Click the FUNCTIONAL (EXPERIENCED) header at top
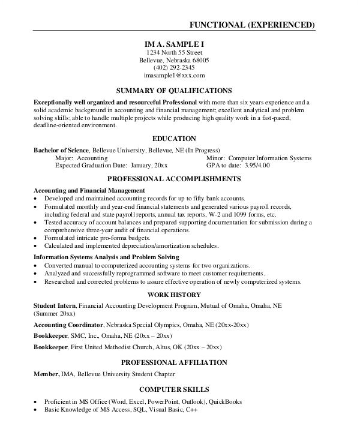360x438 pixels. point(252,25)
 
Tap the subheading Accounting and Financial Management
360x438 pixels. point(89,190)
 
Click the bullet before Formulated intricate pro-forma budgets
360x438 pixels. point(37,238)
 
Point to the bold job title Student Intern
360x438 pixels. point(55,305)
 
